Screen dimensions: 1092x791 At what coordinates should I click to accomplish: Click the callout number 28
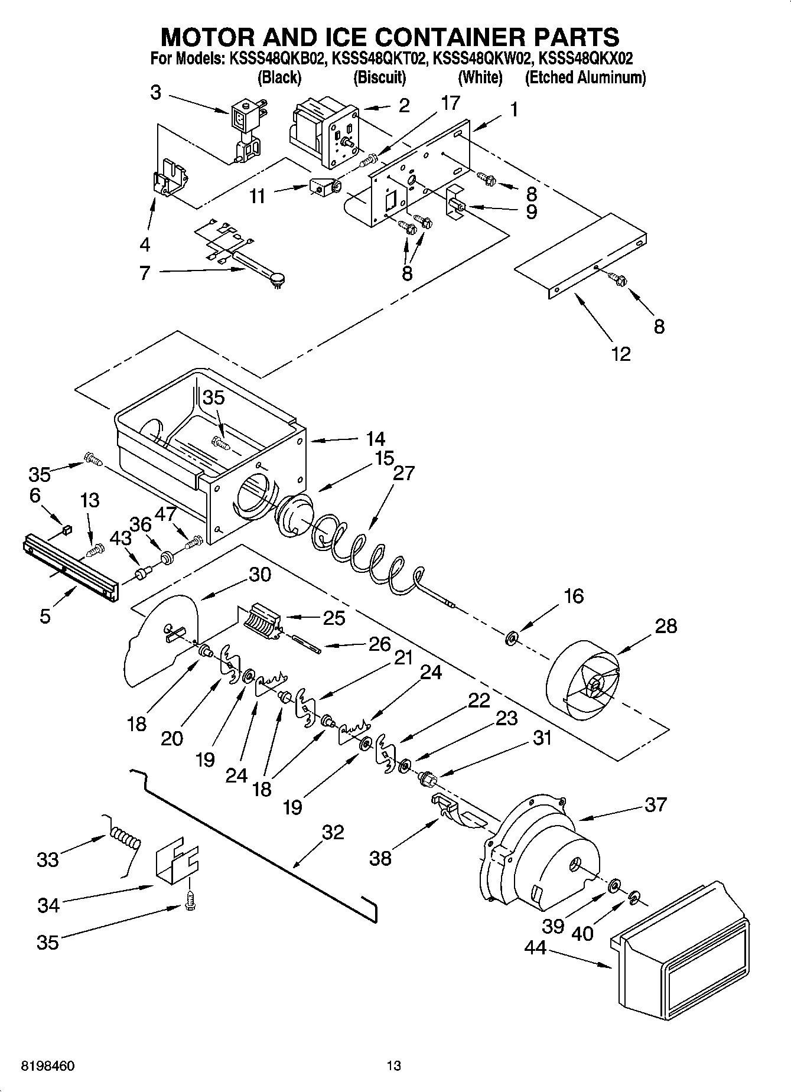(666, 626)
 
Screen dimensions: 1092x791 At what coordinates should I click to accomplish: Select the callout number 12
(620, 354)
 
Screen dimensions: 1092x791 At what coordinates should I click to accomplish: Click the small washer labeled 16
(512, 637)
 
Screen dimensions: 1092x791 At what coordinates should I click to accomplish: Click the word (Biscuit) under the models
(379, 77)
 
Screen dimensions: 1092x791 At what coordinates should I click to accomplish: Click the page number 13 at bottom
(393, 1066)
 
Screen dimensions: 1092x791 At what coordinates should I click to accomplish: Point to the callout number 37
(655, 804)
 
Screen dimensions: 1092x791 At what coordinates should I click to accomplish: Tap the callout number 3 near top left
(155, 93)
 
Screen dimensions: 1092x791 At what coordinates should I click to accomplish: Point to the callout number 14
(375, 439)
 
